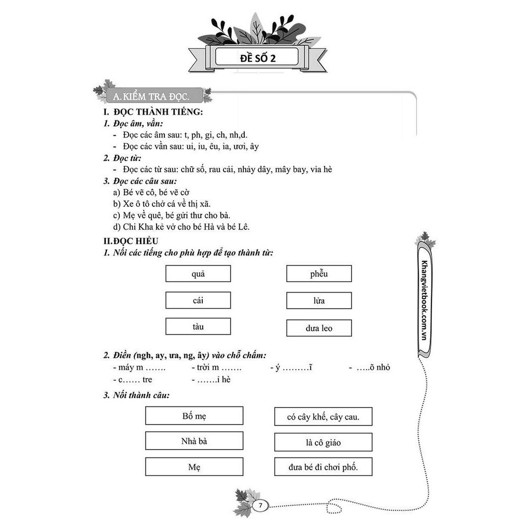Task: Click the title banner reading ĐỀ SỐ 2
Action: tap(257, 58)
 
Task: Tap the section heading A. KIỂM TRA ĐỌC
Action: tap(150, 96)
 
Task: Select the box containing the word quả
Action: tap(198, 274)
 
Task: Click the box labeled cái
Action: tap(198, 300)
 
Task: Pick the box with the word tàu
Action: tap(198, 327)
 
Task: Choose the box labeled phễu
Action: tap(319, 274)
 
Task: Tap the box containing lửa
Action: tap(319, 301)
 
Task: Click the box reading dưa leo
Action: tap(319, 328)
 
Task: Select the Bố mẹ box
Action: tap(194, 416)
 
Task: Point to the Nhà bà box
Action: tap(194, 441)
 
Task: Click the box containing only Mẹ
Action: tap(194, 467)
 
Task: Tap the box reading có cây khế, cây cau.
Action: tap(323, 416)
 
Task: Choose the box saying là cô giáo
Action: tap(323, 442)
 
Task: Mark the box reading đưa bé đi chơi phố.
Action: tap(323, 467)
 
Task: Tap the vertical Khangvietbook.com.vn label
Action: tap(425, 300)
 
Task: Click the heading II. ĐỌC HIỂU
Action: tap(131, 241)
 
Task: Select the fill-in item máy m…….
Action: tap(139, 368)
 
